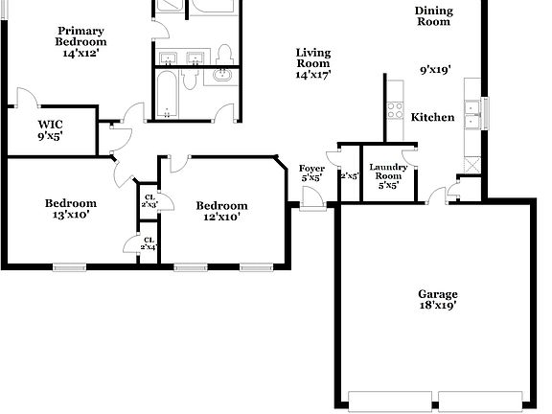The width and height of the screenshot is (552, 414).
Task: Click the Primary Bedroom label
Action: (x=80, y=41)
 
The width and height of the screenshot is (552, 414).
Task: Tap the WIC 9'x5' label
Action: (x=51, y=130)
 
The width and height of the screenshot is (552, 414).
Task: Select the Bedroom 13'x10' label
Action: (x=71, y=209)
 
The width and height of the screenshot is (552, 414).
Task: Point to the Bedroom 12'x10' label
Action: (x=221, y=211)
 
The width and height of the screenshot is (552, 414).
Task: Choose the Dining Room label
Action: (x=433, y=16)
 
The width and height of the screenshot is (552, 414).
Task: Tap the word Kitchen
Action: (x=432, y=117)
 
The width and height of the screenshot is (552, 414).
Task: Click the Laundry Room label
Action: (x=388, y=176)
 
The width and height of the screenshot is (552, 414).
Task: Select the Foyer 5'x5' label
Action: (x=311, y=172)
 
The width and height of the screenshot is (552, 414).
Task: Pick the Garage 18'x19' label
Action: (x=437, y=300)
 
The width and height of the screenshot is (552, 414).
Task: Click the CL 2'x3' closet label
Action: (x=149, y=202)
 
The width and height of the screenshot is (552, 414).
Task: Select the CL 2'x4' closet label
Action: (x=149, y=243)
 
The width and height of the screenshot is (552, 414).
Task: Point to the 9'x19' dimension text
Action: (x=436, y=69)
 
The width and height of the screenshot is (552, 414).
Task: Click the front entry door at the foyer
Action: (x=310, y=199)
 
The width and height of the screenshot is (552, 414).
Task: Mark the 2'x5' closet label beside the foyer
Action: (x=349, y=175)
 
